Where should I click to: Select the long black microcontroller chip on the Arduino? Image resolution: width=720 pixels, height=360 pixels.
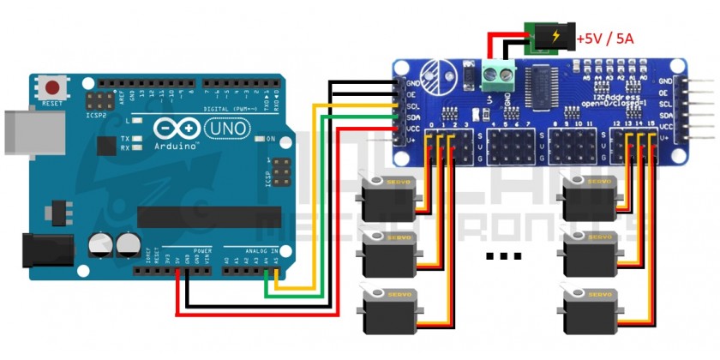click(x=209, y=217)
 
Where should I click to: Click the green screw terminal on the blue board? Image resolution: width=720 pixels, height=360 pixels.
click(x=495, y=78)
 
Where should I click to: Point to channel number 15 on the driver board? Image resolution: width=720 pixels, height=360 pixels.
click(x=651, y=125)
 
